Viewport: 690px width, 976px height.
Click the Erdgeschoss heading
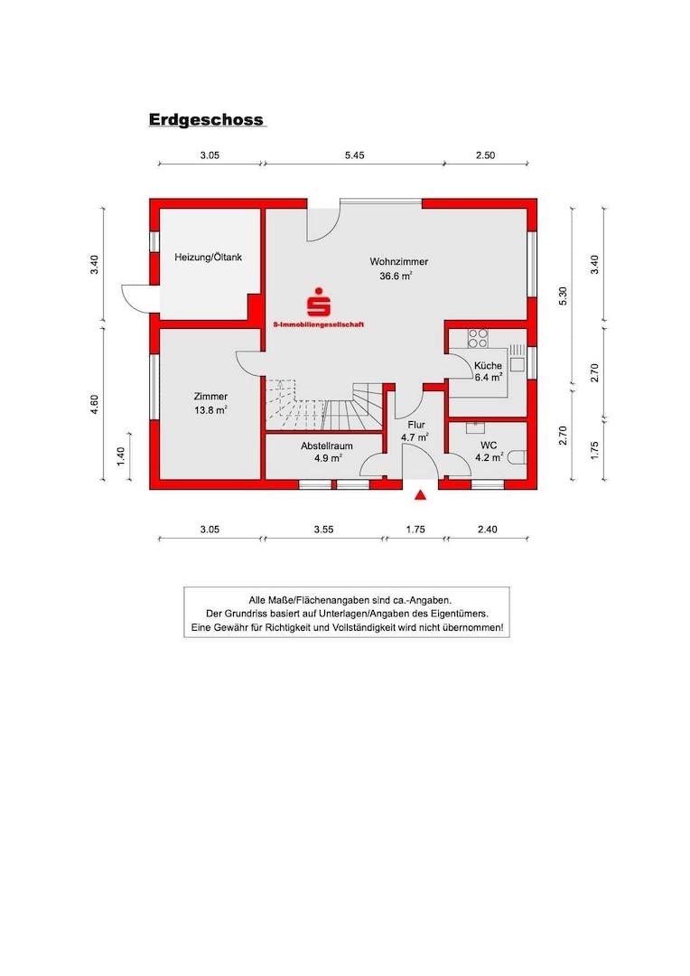click(206, 119)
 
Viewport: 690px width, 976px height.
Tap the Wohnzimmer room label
click(398, 262)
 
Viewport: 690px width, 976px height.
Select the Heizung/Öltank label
click(208, 258)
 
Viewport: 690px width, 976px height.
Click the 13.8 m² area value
click(210, 409)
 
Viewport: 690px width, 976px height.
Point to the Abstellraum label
click(326, 446)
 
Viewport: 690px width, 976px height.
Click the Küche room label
click(488, 365)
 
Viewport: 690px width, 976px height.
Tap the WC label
click(489, 446)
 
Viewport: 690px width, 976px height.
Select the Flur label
click(415, 424)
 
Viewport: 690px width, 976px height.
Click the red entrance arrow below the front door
click(420, 494)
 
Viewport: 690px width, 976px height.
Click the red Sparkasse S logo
click(317, 302)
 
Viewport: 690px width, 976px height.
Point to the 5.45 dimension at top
click(355, 155)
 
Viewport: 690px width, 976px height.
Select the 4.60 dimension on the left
click(94, 405)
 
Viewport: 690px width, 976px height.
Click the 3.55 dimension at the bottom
click(322, 530)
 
